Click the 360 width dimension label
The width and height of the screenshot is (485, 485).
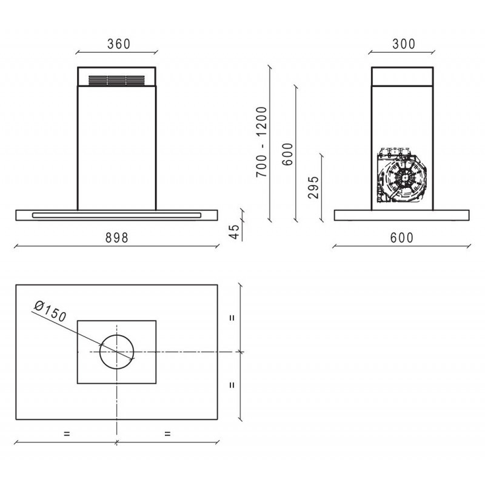[x=118, y=44]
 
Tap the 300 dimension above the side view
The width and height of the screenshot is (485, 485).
[x=403, y=44]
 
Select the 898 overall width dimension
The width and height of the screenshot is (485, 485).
[x=117, y=238]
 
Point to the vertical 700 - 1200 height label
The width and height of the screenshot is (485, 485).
[x=261, y=142]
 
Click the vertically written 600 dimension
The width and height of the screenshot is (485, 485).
[x=287, y=155]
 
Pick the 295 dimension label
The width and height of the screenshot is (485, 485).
[x=313, y=189]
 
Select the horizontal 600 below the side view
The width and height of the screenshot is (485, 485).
[x=401, y=238]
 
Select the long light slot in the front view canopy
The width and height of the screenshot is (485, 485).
[x=117, y=215]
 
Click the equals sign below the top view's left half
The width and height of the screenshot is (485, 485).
[x=67, y=433]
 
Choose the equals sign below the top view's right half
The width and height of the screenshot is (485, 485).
[x=167, y=433]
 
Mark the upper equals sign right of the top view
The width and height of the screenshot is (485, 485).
[x=232, y=317]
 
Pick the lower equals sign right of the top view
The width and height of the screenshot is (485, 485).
[x=232, y=384]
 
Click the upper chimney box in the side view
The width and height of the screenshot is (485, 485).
[x=403, y=76]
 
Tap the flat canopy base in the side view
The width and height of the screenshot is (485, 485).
[x=403, y=215]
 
